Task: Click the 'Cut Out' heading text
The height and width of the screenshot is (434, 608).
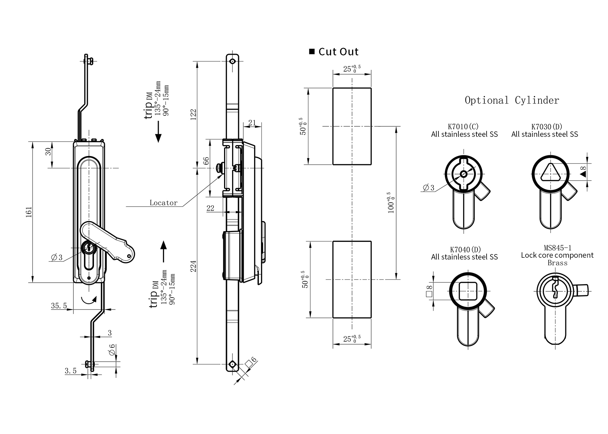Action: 338,52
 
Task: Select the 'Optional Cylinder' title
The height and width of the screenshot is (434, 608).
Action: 511,100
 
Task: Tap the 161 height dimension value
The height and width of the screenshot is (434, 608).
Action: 29,212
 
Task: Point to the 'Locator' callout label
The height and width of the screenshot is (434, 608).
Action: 164,203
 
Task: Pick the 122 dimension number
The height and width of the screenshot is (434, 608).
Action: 193,114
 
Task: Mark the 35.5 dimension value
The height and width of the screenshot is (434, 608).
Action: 59,306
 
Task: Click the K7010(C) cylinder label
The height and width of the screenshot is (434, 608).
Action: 463,127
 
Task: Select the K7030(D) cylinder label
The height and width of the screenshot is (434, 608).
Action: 547,127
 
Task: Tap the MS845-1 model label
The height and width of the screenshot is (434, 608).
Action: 557,248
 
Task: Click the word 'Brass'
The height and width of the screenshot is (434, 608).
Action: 557,263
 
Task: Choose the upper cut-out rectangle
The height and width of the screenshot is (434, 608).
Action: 352,126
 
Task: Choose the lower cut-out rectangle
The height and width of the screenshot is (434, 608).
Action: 352,279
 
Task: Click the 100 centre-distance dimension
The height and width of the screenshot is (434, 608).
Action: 391,203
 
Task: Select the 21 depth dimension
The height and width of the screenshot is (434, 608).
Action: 252,123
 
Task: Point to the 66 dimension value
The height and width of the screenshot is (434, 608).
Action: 206,161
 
